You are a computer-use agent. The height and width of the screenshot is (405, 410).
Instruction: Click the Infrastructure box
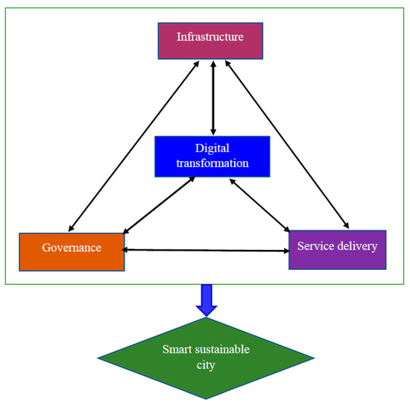(210, 40)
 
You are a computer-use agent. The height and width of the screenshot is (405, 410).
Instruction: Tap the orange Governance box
(72, 251)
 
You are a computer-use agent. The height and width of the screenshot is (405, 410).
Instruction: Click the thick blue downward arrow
(206, 299)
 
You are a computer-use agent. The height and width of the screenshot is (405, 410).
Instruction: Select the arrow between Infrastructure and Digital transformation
(214, 97)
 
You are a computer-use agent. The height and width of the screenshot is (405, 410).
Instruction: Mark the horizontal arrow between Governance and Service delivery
(205, 249)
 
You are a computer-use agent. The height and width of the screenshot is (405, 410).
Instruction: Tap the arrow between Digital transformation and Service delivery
(260, 204)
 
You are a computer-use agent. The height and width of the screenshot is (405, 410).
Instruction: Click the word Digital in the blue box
(213, 148)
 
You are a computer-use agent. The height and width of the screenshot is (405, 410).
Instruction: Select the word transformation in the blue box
(213, 163)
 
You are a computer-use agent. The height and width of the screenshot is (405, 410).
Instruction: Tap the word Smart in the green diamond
(177, 349)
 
